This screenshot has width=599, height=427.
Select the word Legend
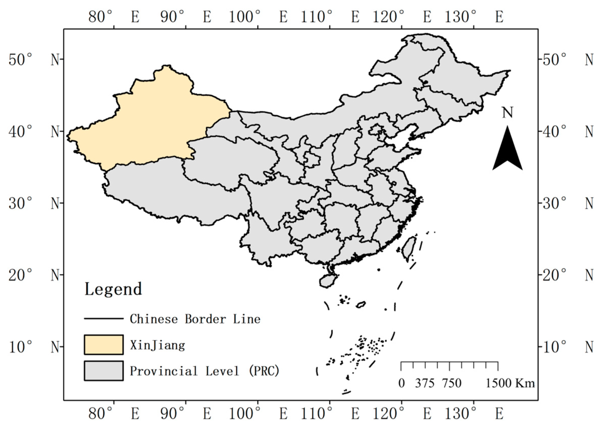pyautogui.click(x=113, y=289)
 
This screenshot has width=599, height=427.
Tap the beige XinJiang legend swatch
pyautogui.click(x=104, y=345)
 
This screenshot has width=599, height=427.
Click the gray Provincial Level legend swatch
pyautogui.click(x=104, y=371)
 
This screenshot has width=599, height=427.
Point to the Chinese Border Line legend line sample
pyautogui.click(x=104, y=319)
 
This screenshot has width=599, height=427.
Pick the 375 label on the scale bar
pyautogui.click(x=425, y=383)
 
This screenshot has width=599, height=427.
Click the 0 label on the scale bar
pyautogui.click(x=401, y=383)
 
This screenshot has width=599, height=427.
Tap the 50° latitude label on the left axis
pyautogui.click(x=20, y=60)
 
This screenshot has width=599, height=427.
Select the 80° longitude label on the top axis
pyautogui.click(x=100, y=17)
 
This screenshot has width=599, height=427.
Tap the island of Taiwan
pyautogui.click(x=408, y=248)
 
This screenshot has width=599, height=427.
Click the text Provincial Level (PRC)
pyautogui.click(x=204, y=371)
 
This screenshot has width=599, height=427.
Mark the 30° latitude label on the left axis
pyautogui.click(x=20, y=204)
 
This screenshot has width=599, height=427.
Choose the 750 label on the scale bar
pyautogui.click(x=452, y=383)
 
